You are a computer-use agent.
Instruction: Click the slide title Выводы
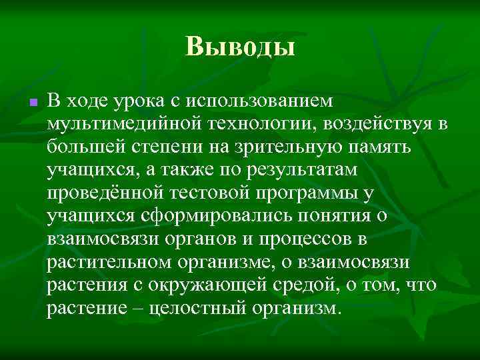(x=240, y=47)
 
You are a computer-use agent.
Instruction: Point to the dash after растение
(x=134, y=309)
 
